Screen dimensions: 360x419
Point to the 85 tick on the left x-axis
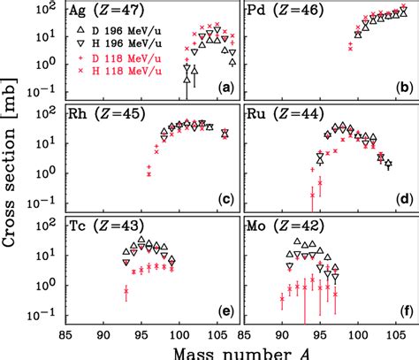pos(79,333)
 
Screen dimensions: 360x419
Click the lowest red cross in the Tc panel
pos(126,290)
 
